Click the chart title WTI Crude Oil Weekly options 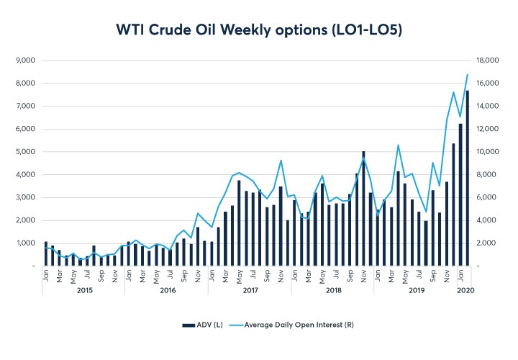[258, 30]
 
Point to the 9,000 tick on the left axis [26, 60]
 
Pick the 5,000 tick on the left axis [26, 152]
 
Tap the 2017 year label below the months [250, 289]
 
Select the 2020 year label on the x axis [465, 289]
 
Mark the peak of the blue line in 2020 [468, 75]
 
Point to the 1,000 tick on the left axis [26, 243]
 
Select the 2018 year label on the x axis [333, 289]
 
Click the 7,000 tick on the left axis [26, 106]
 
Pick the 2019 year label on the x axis [417, 289]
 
